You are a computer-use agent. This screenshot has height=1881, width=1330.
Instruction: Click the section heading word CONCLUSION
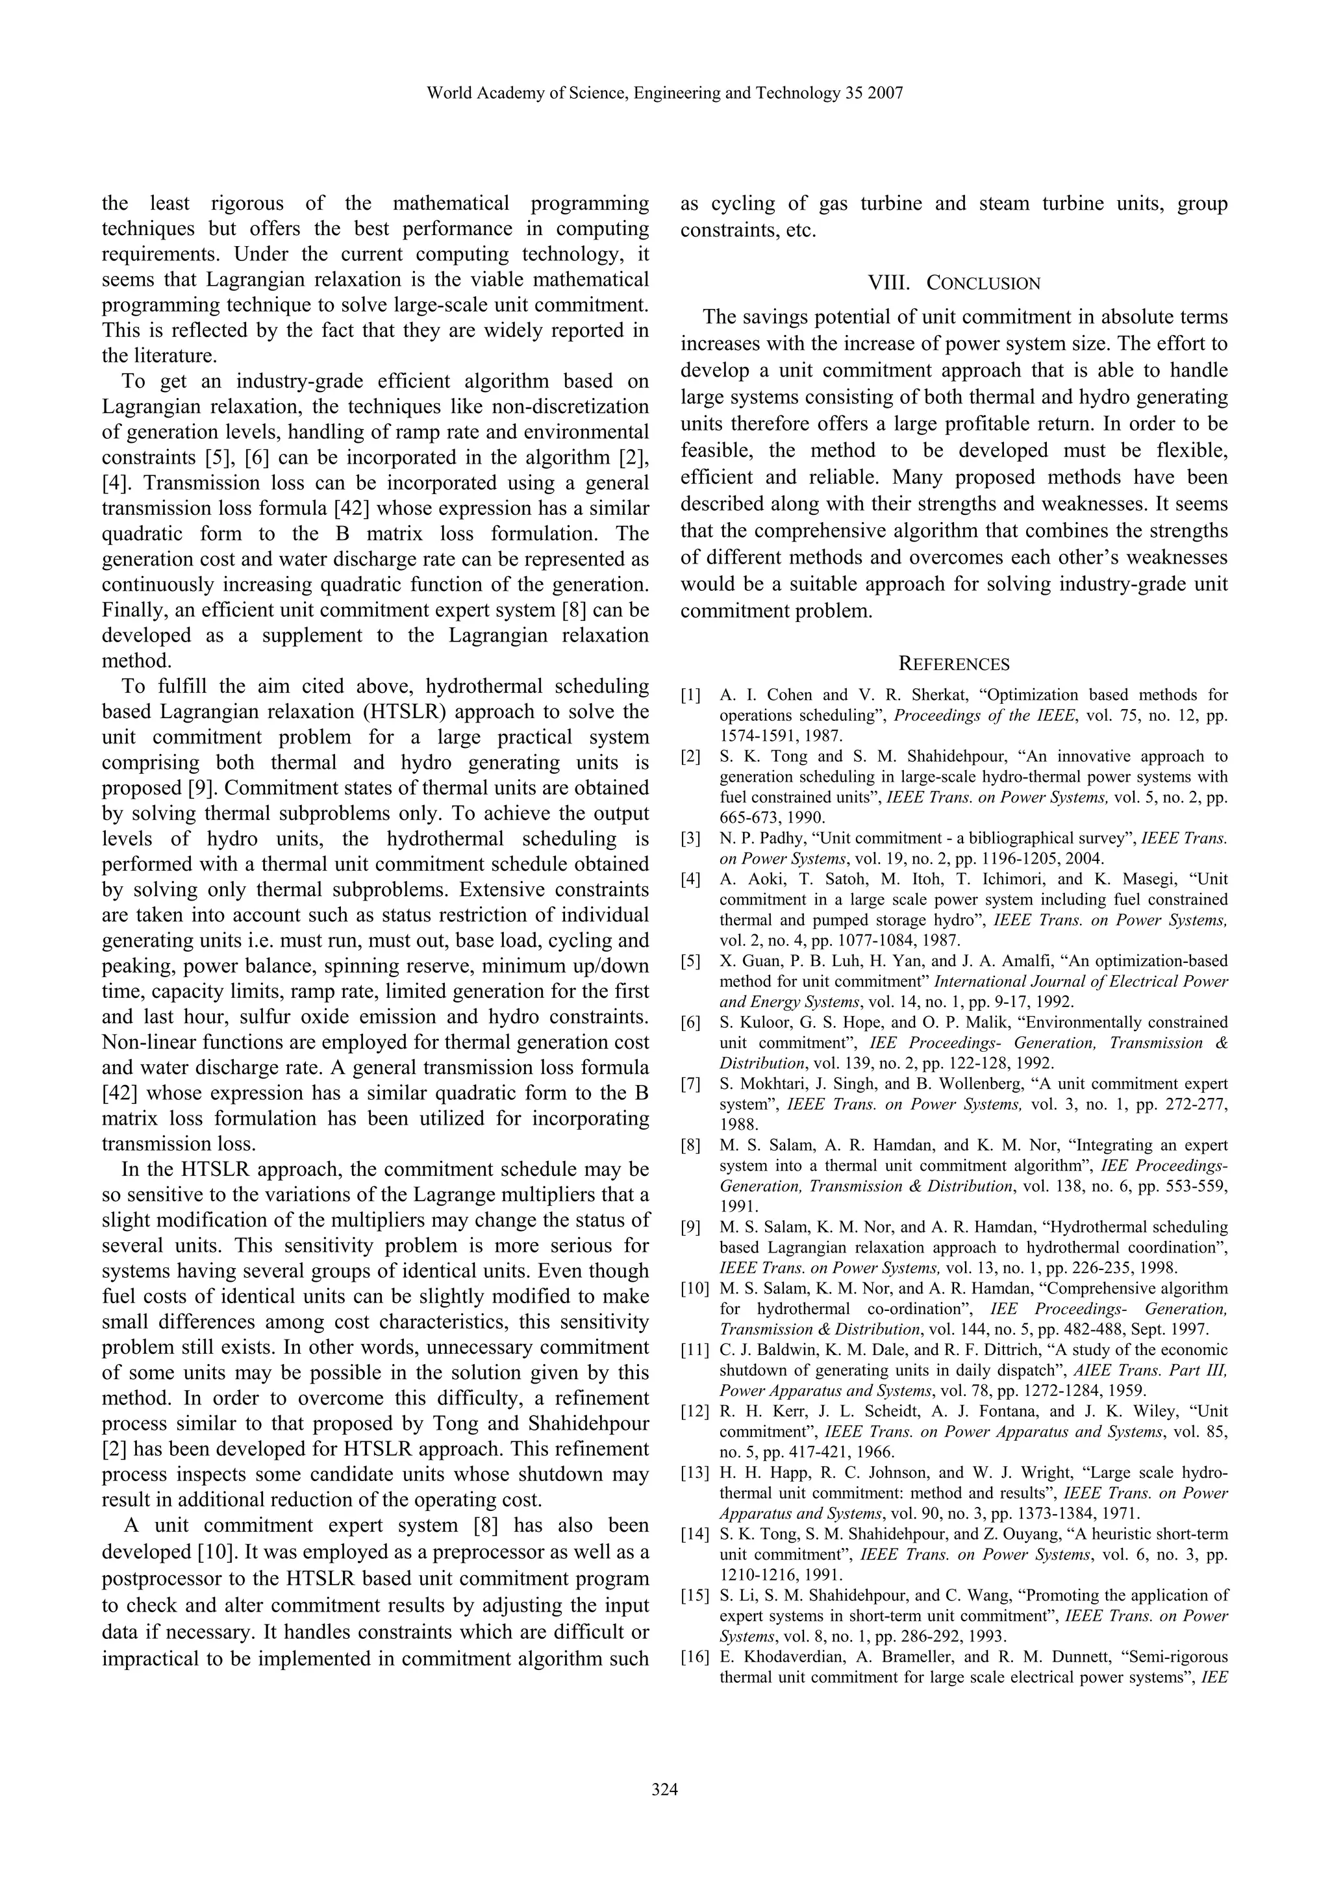coord(983,284)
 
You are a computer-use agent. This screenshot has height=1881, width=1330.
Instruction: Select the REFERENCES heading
coord(954,664)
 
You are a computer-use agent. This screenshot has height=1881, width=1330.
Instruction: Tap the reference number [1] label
coord(691,695)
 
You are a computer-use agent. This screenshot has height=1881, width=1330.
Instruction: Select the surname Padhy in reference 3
coord(764,838)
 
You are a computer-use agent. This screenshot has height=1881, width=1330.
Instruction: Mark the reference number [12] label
coord(694,1412)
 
